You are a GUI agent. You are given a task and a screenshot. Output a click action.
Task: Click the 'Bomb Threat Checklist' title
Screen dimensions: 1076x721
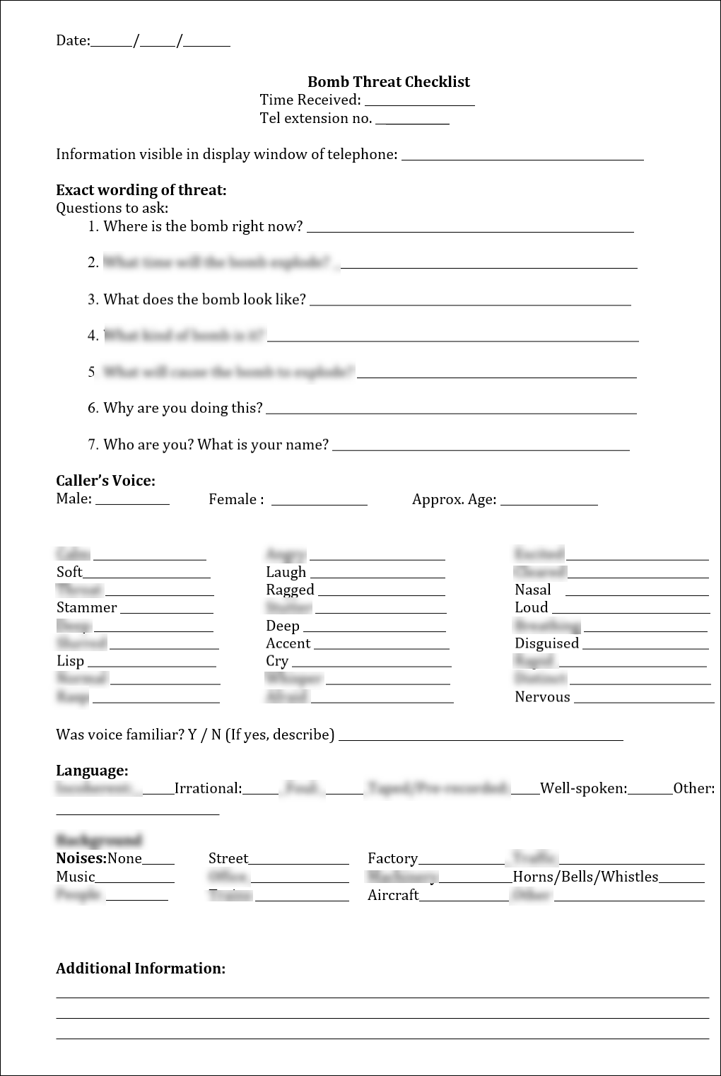tap(388, 82)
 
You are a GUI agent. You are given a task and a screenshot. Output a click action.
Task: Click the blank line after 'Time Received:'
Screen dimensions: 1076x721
tap(419, 103)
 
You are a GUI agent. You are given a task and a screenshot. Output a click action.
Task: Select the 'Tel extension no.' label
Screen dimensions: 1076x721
tap(315, 119)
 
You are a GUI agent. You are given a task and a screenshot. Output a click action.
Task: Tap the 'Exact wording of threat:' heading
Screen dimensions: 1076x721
tap(141, 190)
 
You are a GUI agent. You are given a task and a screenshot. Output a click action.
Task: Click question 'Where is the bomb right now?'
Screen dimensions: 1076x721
tap(203, 227)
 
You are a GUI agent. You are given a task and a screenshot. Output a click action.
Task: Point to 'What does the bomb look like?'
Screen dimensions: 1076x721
tap(204, 300)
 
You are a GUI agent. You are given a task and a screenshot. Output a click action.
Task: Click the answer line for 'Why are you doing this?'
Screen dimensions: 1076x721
tap(451, 412)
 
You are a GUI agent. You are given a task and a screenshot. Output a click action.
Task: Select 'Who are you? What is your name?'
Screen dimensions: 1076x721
tap(216, 445)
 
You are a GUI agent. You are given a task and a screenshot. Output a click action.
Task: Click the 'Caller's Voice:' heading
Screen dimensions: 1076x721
tap(105, 481)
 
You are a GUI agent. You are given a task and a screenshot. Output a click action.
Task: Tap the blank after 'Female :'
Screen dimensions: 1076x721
tap(319, 503)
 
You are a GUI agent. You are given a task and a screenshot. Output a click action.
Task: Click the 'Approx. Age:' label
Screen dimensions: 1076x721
tap(454, 500)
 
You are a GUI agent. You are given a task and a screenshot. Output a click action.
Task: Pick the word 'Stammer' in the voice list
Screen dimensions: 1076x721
tap(86, 608)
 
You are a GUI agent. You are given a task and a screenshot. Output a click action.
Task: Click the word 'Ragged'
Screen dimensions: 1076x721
tap(290, 590)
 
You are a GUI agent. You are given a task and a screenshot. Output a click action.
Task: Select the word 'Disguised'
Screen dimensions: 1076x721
tap(546, 644)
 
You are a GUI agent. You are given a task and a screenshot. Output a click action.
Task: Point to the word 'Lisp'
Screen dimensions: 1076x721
tap(70, 662)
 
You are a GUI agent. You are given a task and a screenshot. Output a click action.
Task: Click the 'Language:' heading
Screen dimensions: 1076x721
tap(92, 771)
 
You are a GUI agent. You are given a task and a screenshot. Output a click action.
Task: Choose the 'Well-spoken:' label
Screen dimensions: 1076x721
tap(583, 789)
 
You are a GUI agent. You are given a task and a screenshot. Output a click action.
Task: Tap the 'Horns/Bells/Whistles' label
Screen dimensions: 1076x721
tap(585, 877)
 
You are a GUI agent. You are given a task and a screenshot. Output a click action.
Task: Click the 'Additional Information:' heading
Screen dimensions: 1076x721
tap(141, 969)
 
